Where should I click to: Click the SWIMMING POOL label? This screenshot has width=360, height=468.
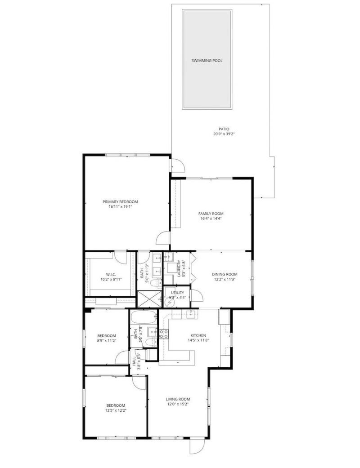click(x=207, y=61)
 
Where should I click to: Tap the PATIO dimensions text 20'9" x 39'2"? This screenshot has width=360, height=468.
click(x=221, y=134)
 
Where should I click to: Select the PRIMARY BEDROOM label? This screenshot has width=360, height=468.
click(x=120, y=201)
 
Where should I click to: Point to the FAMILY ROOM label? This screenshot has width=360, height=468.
click(x=211, y=214)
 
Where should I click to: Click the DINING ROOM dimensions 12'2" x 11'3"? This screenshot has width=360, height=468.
click(x=225, y=279)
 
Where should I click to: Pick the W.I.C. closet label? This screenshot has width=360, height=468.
click(x=111, y=274)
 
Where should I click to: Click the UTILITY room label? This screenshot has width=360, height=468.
click(x=177, y=293)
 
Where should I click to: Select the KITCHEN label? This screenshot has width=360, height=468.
click(x=198, y=335)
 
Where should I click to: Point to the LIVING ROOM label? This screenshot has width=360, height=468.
click(x=178, y=399)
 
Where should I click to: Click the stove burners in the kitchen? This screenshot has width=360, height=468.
click(x=163, y=334)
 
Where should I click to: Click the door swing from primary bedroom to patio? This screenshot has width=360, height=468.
click(x=177, y=165)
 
